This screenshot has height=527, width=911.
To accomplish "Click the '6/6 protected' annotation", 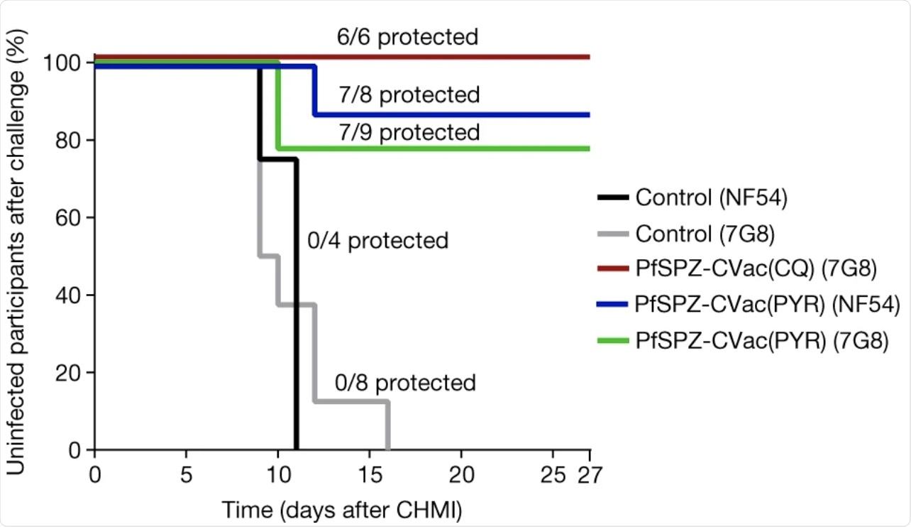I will coord(407,37).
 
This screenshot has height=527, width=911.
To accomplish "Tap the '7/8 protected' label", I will coord(409,94).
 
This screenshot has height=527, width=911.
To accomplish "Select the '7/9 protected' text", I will coord(408,132).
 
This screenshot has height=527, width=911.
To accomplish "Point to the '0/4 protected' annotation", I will coord(377,241).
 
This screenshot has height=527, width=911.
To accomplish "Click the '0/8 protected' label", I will coord(405,383).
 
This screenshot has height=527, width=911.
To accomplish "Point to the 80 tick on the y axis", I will coord(70,141).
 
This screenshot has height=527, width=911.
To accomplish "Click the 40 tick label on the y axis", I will coord(70,295).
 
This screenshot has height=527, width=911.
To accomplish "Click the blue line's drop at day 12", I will coord(315,90).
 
